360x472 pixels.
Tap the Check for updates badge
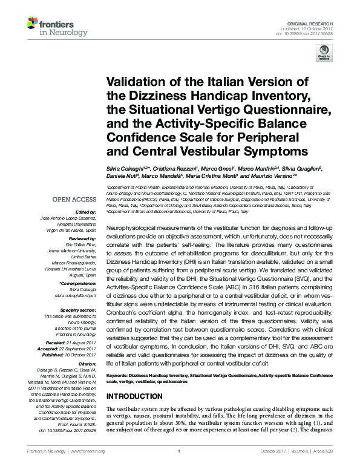point(327,56)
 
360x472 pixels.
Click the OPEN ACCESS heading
point(74,199)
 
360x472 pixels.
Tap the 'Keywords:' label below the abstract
point(118,376)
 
